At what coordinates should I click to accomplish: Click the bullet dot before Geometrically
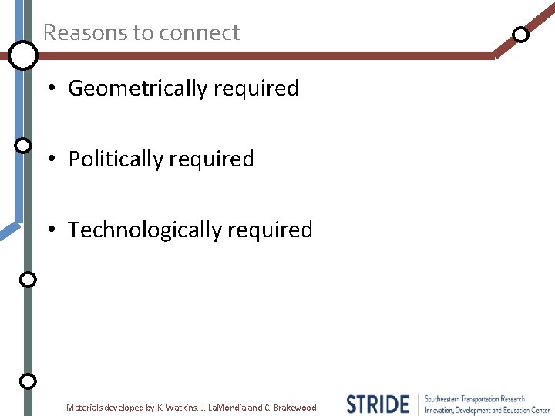[x=50, y=89]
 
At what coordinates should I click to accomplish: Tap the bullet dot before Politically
[x=50, y=159]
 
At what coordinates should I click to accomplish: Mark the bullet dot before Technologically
[x=50, y=230]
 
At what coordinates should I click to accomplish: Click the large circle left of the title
[x=23, y=55]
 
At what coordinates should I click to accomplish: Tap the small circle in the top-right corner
[x=521, y=35]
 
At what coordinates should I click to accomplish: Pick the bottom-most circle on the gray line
[x=28, y=381]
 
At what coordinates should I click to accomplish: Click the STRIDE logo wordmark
[x=378, y=404]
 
